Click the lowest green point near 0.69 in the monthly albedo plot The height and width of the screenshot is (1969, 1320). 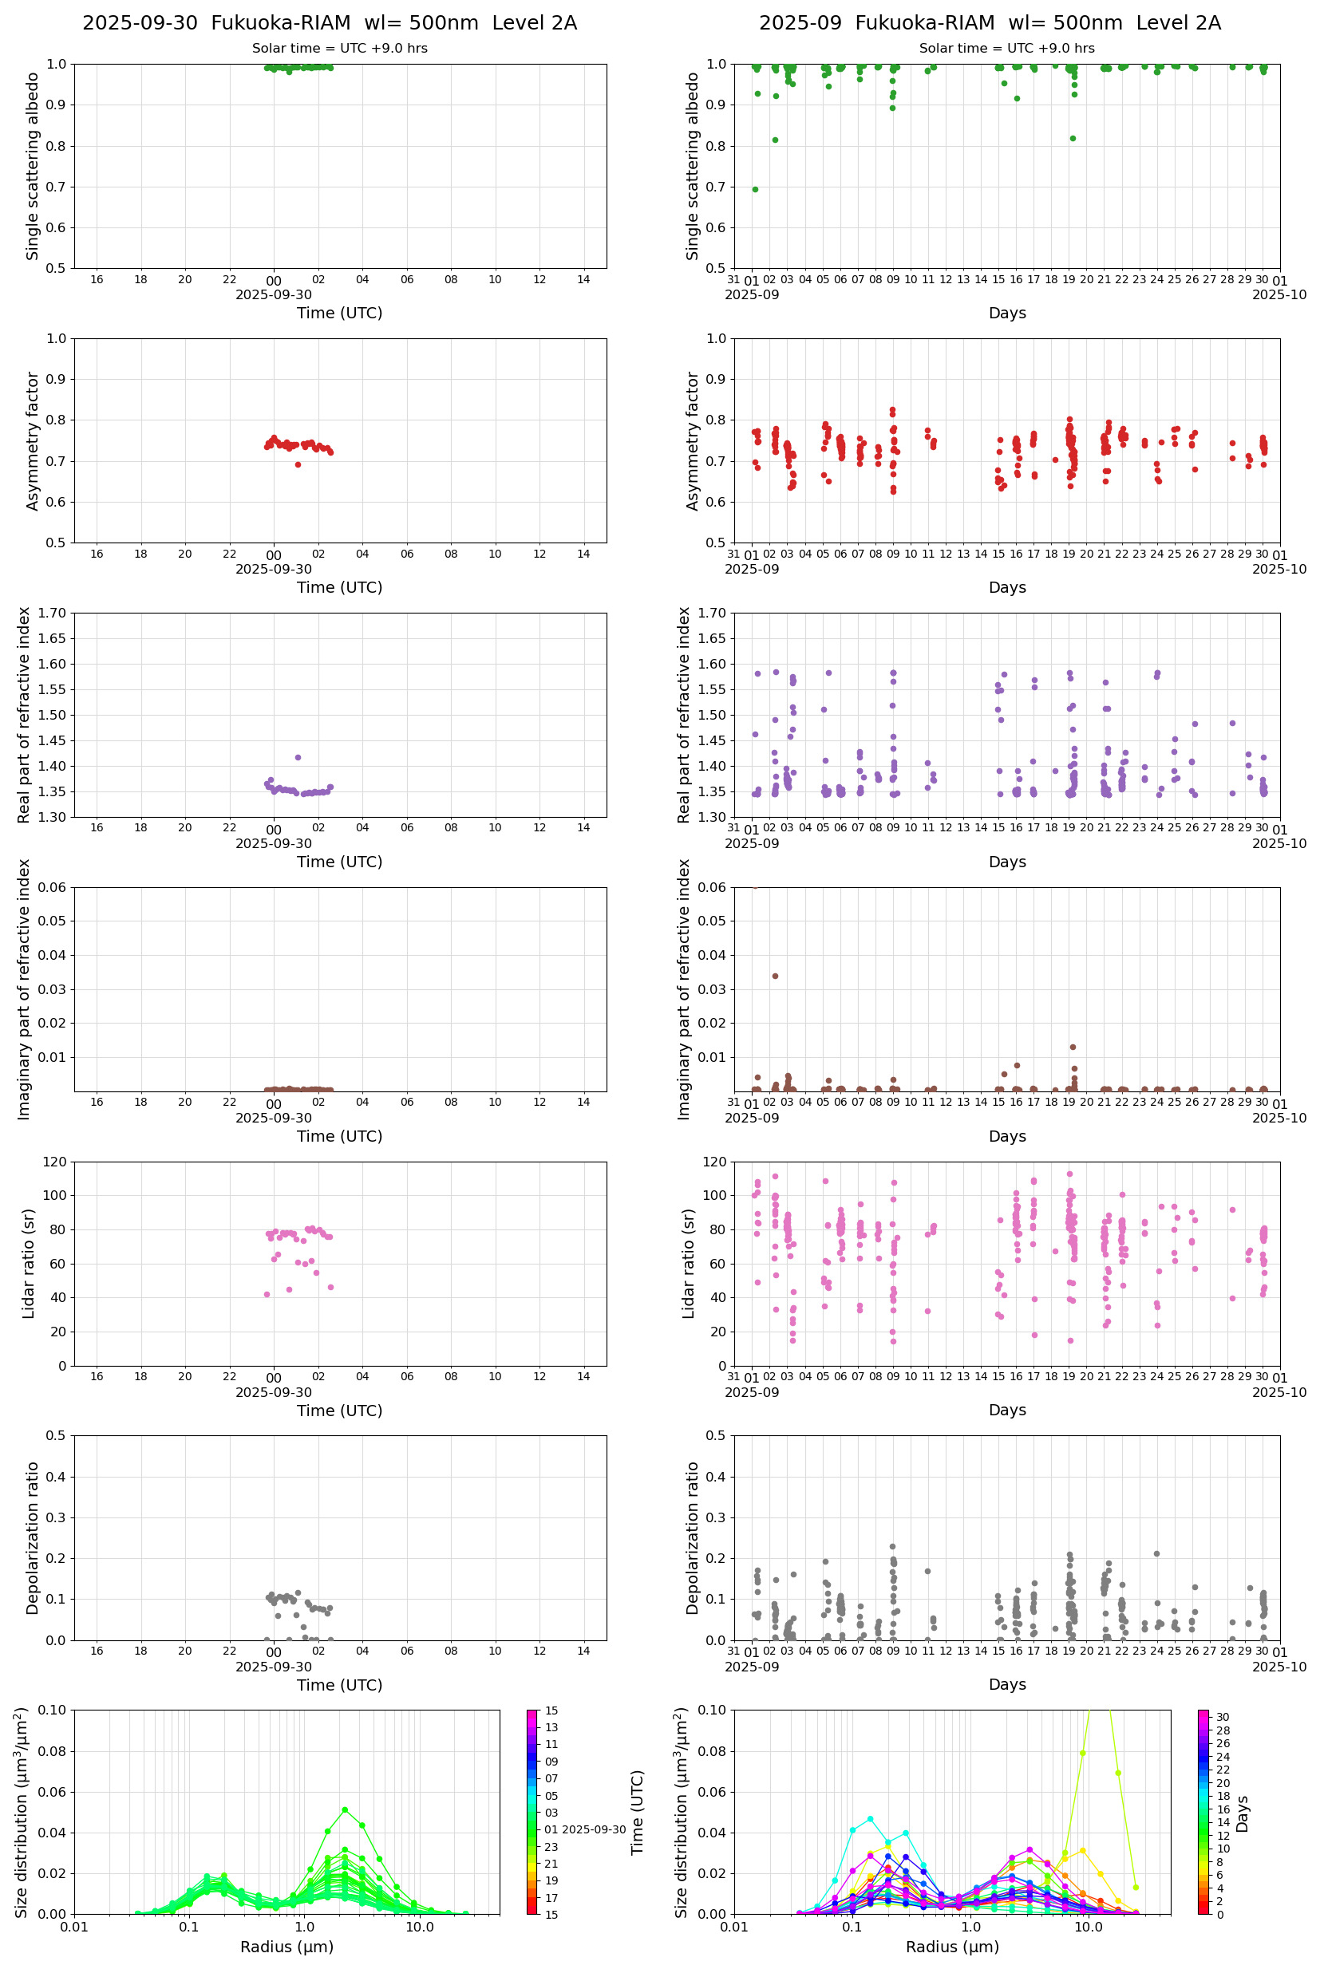(x=755, y=189)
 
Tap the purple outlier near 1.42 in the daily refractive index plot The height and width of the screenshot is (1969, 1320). (x=297, y=757)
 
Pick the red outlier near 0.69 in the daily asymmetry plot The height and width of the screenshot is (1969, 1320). (x=298, y=464)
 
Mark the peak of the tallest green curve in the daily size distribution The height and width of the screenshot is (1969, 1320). (x=345, y=1809)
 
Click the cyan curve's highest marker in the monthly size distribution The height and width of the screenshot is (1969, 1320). (x=871, y=1819)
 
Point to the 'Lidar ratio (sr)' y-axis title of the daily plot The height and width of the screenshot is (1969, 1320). (x=30, y=1263)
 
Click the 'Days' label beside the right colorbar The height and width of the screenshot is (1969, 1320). (x=1243, y=1814)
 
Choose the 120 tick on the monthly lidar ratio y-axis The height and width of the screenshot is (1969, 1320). (x=715, y=1162)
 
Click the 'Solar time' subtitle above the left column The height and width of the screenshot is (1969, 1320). (x=339, y=49)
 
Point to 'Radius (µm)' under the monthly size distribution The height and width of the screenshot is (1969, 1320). (x=952, y=1947)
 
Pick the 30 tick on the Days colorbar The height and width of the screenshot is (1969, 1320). (x=1223, y=1718)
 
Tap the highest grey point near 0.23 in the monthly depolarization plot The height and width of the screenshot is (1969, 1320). (x=893, y=1547)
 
